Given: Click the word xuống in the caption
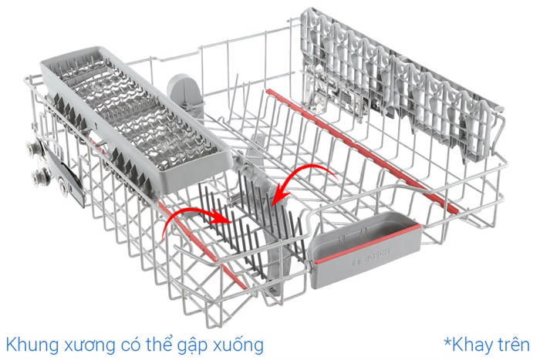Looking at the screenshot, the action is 238,345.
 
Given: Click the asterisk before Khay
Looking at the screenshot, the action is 447,341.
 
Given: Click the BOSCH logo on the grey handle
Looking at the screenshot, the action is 371,257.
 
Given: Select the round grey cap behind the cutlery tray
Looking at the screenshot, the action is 186,90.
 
